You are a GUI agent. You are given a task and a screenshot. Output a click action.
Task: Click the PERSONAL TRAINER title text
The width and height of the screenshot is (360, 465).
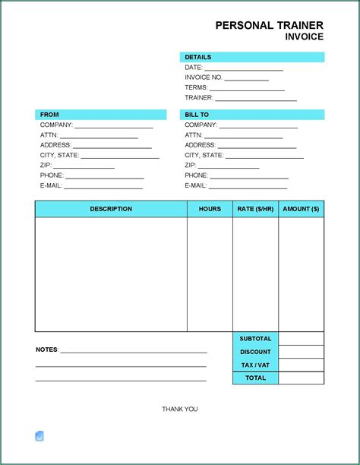tap(269, 25)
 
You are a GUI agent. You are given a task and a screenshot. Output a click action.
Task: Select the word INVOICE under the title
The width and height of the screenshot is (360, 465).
tap(304, 36)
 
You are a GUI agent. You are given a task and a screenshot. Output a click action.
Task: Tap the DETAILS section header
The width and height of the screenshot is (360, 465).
tap(197, 57)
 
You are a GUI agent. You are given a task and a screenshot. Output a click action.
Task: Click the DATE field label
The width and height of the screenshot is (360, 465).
tap(193, 68)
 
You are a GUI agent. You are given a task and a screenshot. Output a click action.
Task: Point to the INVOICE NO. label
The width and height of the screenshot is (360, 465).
tap(203, 77)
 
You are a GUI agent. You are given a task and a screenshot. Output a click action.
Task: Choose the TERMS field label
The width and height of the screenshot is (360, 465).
tap(196, 87)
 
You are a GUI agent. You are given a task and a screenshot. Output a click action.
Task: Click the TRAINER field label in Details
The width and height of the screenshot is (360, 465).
tap(198, 98)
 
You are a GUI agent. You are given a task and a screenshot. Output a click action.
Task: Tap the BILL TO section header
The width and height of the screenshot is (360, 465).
tap(197, 115)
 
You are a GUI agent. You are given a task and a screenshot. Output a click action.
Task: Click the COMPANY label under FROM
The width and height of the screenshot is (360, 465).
tap(56, 125)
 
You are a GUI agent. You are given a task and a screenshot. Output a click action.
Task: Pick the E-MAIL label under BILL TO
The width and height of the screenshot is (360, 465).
tap(195, 185)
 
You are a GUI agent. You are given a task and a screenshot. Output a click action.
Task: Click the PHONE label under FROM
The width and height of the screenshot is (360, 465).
tap(52, 176)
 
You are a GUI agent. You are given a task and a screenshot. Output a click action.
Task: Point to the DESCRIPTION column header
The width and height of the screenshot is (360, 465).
tap(111, 209)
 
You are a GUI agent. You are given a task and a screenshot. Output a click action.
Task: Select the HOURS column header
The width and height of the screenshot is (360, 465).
tap(210, 209)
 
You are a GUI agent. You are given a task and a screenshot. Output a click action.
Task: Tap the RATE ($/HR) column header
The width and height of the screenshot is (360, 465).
tap(255, 209)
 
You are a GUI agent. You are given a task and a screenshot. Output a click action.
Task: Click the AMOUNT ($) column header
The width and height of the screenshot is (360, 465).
tap(301, 209)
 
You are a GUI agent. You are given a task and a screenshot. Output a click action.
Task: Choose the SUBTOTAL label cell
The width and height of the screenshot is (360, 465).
tap(255, 339)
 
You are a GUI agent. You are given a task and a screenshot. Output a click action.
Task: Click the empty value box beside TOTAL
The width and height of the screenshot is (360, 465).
tap(302, 378)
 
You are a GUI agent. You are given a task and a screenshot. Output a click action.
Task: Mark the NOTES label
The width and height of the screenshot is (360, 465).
tap(46, 350)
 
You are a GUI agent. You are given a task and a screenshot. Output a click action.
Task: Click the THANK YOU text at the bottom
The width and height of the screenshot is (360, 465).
tap(179, 410)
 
